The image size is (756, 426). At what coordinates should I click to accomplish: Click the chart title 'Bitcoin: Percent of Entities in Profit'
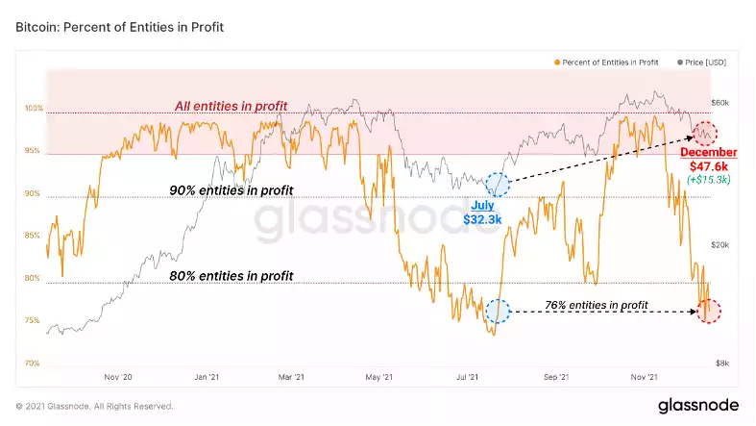click(x=119, y=27)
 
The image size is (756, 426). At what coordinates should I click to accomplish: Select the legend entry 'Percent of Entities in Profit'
click(x=606, y=63)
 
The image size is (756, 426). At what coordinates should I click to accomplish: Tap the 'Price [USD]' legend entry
click(x=701, y=63)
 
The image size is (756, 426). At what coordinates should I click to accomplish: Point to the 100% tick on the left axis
click(x=34, y=108)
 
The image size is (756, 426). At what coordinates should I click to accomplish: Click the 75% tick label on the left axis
click(x=33, y=320)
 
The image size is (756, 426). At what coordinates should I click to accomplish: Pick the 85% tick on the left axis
click(x=33, y=236)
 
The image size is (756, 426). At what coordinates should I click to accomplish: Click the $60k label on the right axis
click(x=719, y=103)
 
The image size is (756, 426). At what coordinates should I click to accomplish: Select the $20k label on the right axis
click(x=719, y=245)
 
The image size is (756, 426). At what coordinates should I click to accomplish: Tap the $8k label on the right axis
click(x=722, y=363)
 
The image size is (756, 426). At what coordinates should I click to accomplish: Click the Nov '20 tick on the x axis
click(x=118, y=377)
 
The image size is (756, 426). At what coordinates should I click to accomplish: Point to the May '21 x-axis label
click(x=379, y=377)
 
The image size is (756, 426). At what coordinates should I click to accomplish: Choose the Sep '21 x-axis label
click(x=556, y=377)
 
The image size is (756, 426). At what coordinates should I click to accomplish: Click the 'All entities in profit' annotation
click(x=231, y=106)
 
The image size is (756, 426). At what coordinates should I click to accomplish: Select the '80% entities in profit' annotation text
click(x=231, y=276)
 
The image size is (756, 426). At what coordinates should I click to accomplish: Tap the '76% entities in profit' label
click(x=597, y=305)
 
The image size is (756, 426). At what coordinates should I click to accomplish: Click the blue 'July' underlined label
click(x=482, y=205)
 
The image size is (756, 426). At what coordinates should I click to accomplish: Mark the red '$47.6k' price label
click(x=708, y=166)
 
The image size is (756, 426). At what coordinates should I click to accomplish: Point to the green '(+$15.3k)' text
click(x=708, y=180)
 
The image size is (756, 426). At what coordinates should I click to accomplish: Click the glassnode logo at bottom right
click(x=698, y=406)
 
